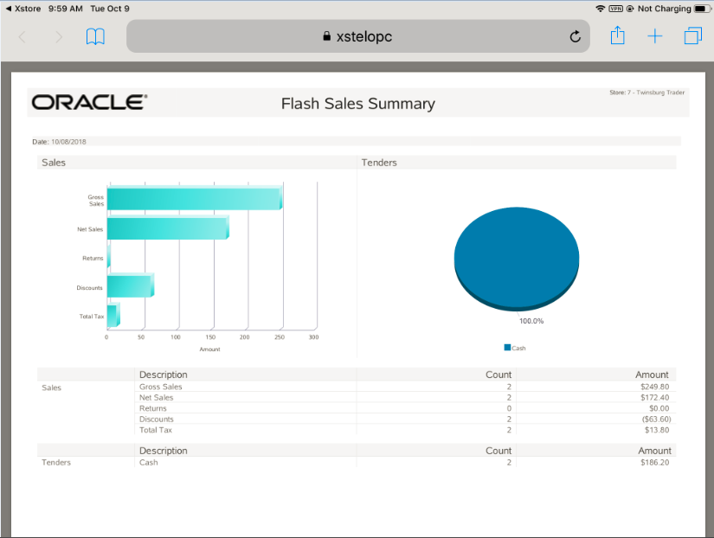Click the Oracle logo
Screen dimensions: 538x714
click(89, 102)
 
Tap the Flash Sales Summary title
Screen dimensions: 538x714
click(357, 104)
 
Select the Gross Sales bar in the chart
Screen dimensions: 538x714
click(194, 199)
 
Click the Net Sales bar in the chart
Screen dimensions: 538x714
click(167, 229)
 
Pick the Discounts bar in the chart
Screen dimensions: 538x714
click(130, 286)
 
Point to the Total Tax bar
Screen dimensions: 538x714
click(113, 315)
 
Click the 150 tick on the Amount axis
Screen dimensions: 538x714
click(210, 337)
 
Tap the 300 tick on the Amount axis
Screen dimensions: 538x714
click(313, 337)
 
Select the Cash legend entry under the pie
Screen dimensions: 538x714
click(515, 348)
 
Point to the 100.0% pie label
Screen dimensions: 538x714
click(531, 321)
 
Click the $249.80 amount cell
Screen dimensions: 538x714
click(655, 387)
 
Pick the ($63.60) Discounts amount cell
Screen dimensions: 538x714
click(656, 419)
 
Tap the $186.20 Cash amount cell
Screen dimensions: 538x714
click(655, 462)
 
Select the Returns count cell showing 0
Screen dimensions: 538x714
click(509, 408)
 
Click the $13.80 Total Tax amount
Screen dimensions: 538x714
click(657, 430)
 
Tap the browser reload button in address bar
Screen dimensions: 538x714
click(575, 36)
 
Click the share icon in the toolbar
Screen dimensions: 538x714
click(617, 35)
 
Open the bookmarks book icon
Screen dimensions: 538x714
click(95, 36)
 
